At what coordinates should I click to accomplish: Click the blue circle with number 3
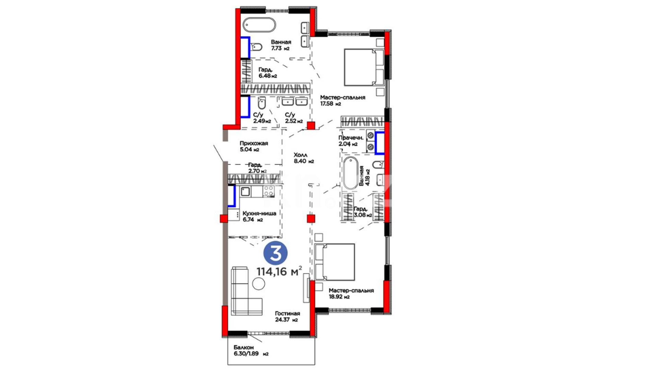point(275,253)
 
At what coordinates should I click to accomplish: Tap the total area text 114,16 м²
point(279,271)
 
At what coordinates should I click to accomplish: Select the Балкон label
point(244,347)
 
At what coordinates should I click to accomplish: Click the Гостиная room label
point(288,313)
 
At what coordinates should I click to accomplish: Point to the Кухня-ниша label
point(259,213)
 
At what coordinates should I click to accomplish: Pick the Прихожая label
point(254,143)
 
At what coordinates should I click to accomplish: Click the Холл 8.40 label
point(304,158)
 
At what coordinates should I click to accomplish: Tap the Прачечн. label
point(351,138)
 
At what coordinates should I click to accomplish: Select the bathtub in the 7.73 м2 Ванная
point(259,25)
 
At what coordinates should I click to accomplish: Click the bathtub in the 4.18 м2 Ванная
point(350,173)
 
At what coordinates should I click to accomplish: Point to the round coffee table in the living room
point(258,284)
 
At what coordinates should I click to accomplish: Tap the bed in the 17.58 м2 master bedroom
point(364,67)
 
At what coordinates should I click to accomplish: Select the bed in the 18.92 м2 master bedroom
point(335,262)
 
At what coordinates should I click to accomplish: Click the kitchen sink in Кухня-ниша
point(245,191)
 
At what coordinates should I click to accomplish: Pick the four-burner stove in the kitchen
point(269,191)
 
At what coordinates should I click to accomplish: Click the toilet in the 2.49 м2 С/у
point(262,103)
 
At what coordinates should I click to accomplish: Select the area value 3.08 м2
point(363,215)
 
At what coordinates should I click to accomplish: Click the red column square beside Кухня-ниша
point(224,218)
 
